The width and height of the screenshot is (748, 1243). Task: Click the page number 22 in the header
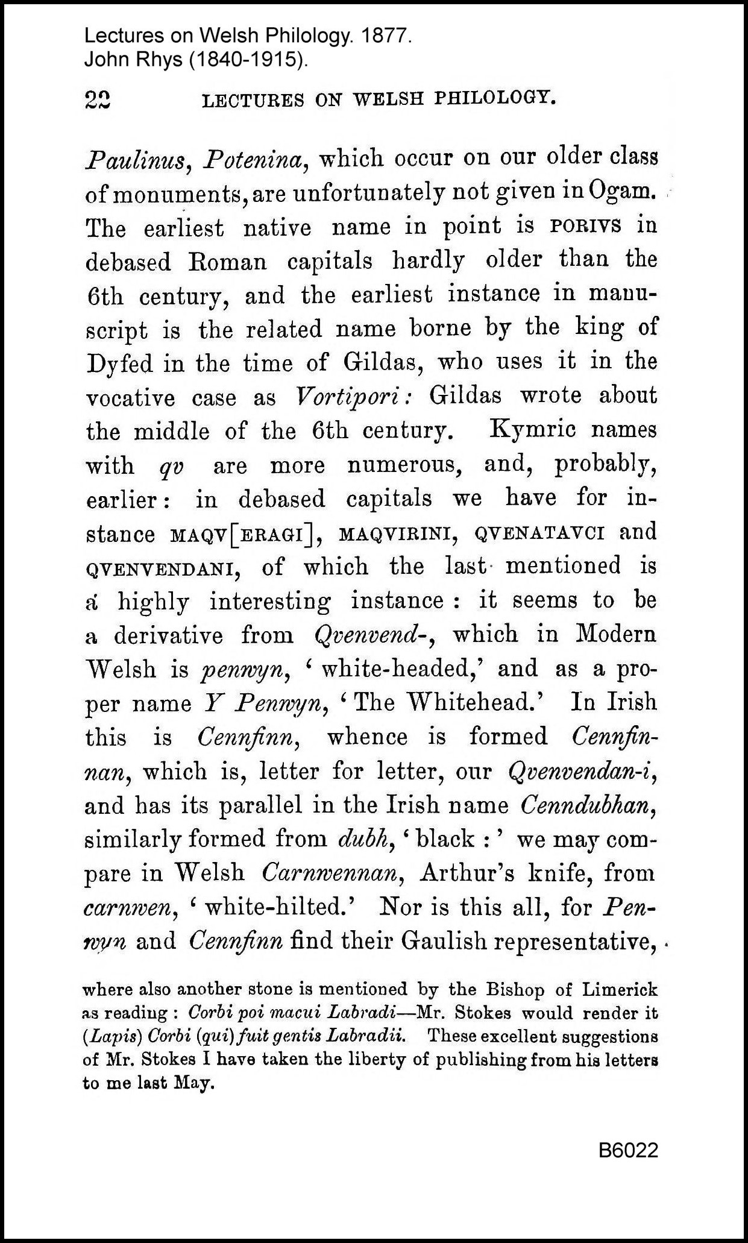click(98, 99)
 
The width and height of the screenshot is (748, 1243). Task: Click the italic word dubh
click(362, 840)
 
